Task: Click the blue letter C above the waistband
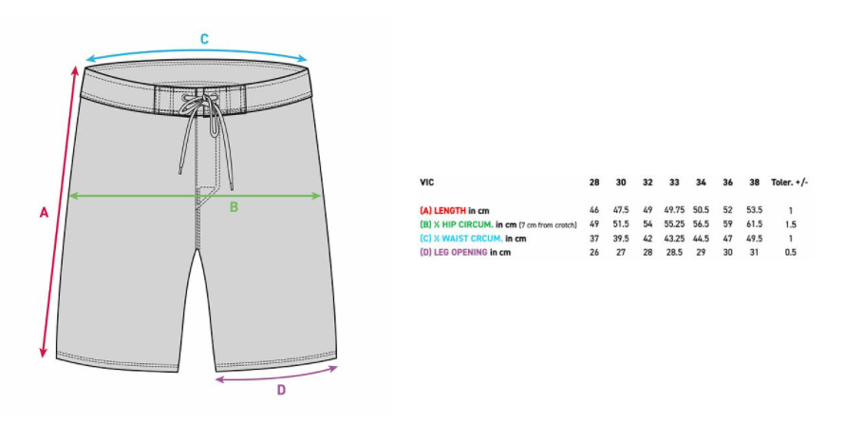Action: pos(204,39)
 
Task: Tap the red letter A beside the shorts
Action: pos(44,213)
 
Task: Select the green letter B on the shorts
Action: pos(234,207)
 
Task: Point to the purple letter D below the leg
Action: pos(281,390)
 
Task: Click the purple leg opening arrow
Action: pos(276,375)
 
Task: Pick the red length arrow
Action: pos(59,212)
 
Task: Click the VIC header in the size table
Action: pos(427,183)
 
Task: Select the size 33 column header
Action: pos(674,183)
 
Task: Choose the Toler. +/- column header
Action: pos(790,183)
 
